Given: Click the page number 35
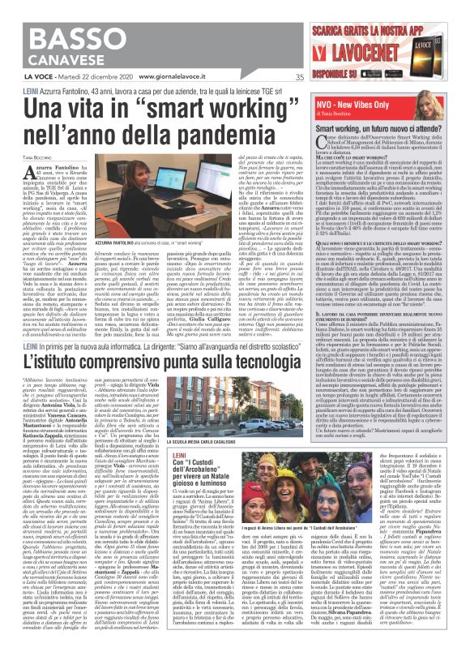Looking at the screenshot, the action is (x=299, y=78).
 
